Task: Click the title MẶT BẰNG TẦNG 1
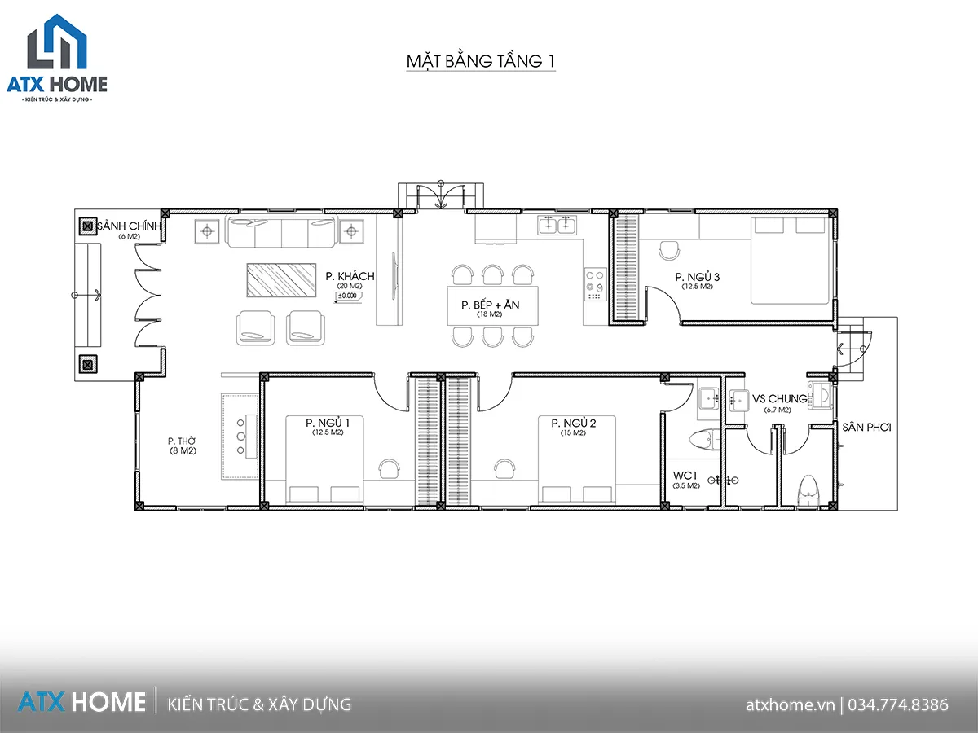[480, 61]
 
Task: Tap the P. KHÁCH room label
[350, 276]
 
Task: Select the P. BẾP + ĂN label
[490, 305]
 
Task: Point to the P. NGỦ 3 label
[698, 277]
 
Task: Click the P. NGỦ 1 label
[328, 423]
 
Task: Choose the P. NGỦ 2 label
[574, 423]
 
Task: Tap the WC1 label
[685, 476]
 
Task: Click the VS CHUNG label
[779, 399]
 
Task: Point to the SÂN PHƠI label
[866, 428]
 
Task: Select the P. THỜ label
[182, 441]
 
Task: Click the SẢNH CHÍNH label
[129, 226]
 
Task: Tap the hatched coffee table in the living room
[282, 280]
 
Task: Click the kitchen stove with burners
[595, 284]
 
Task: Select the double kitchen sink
[557, 224]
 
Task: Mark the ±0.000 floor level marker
[349, 296]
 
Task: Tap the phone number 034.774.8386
[898, 704]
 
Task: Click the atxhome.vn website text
[790, 705]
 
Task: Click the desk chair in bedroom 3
[669, 251]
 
